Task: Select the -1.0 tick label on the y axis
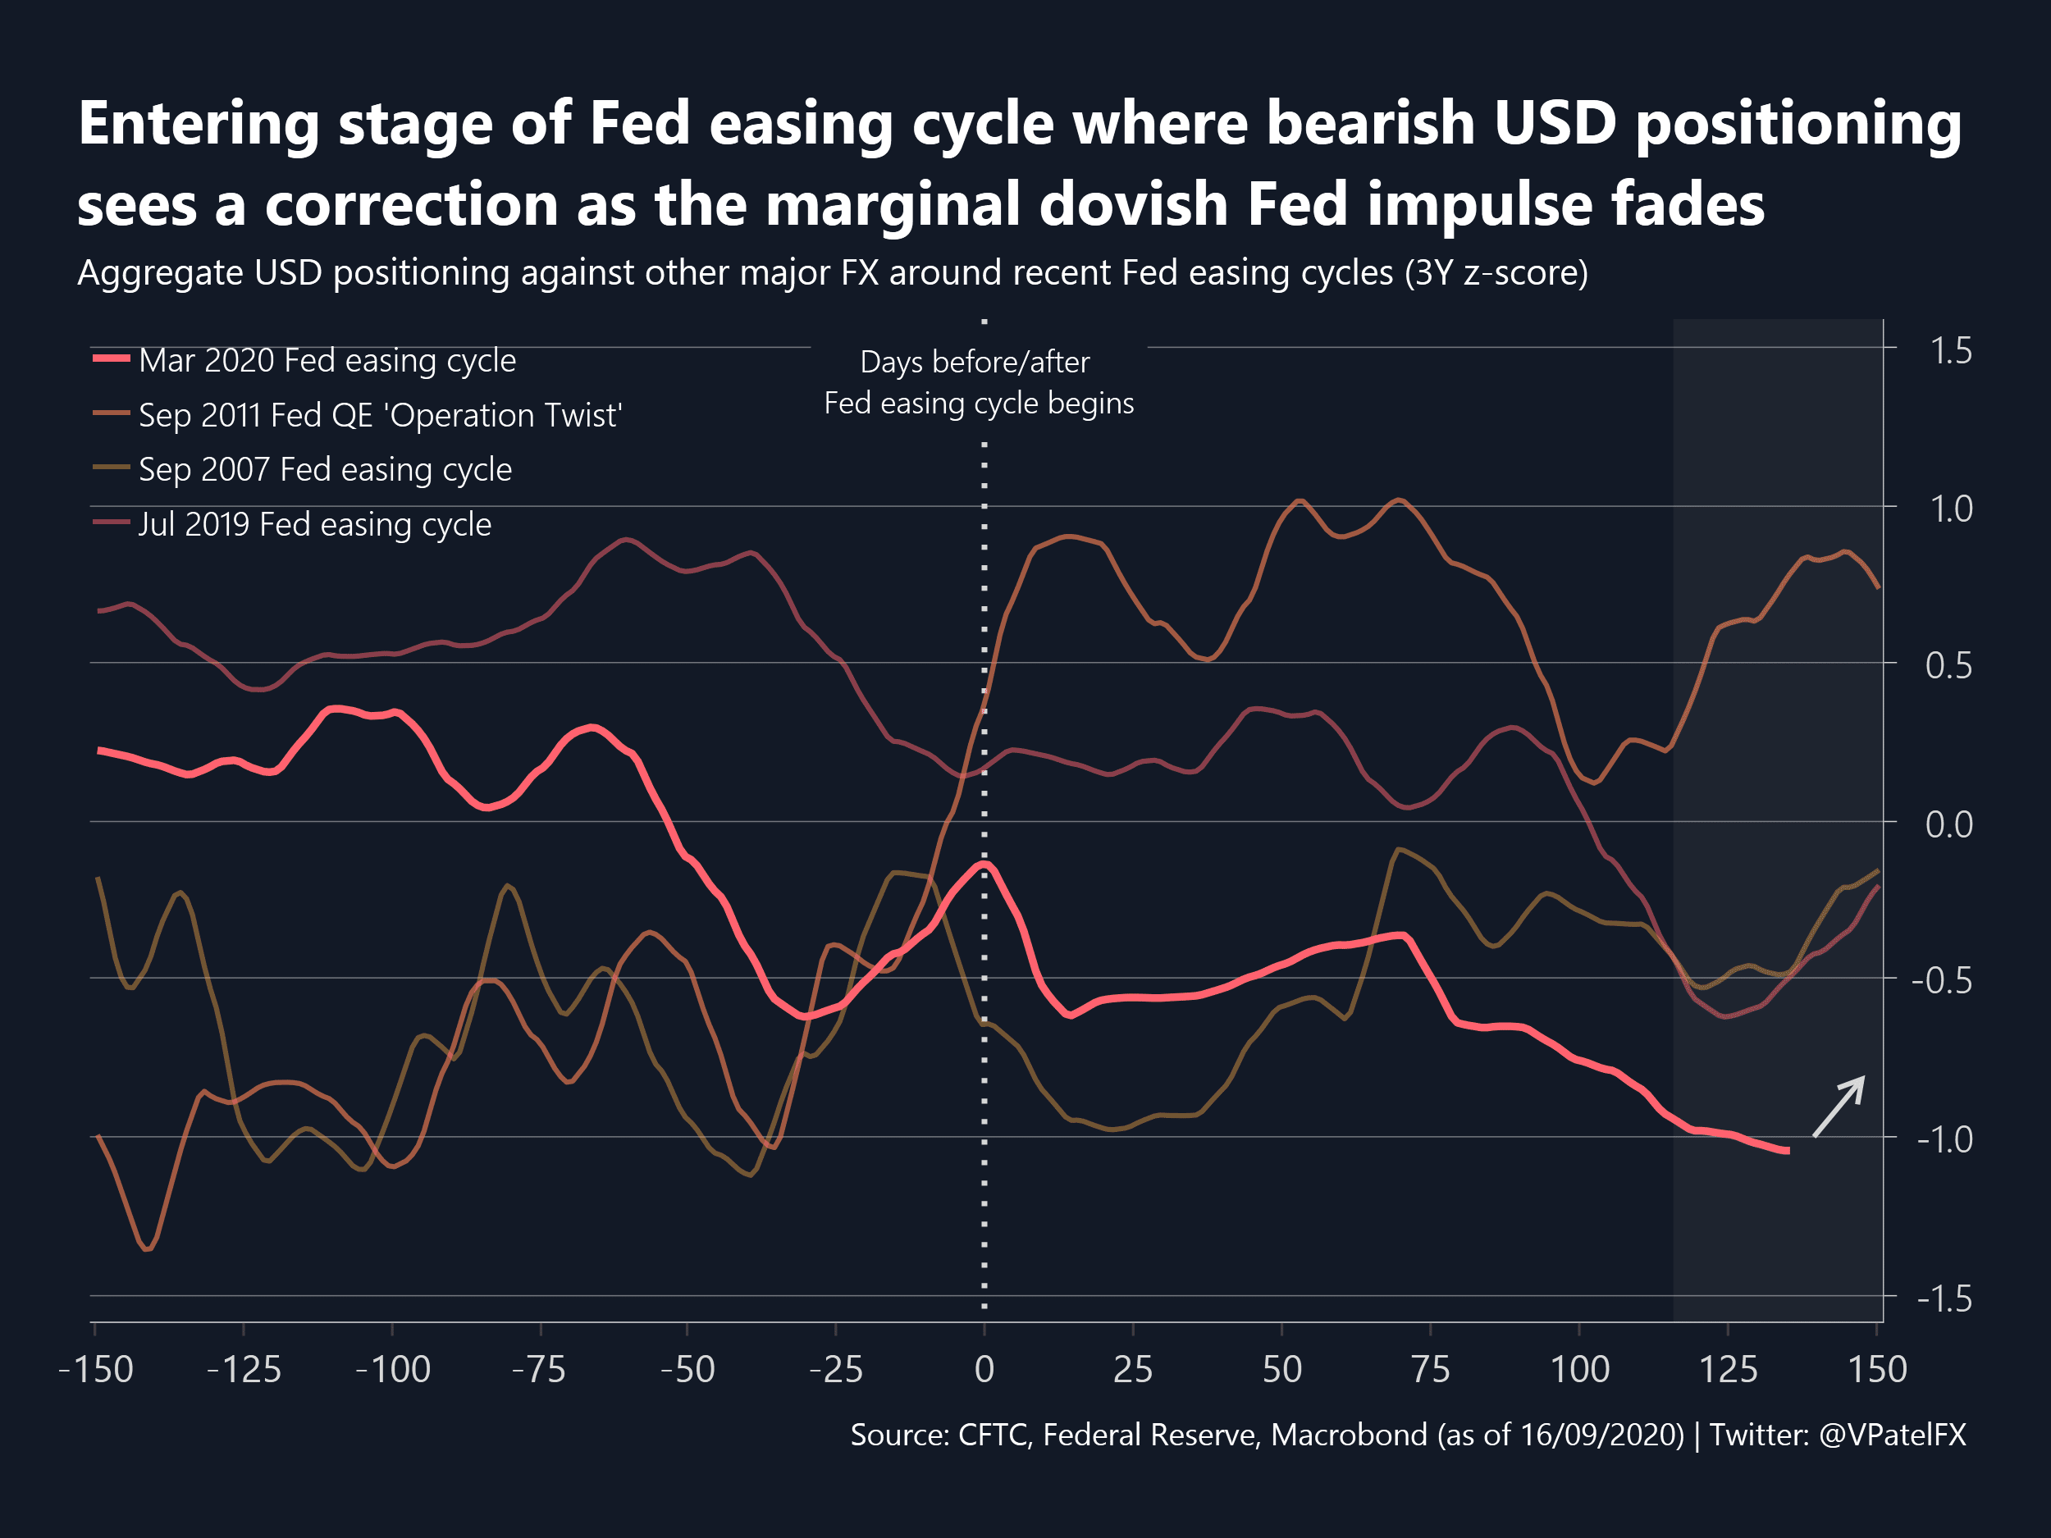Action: coord(1944,1139)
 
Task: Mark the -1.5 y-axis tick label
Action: coord(1944,1298)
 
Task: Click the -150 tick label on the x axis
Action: coord(95,1369)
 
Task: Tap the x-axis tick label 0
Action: coord(984,1369)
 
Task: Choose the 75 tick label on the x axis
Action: coord(1431,1369)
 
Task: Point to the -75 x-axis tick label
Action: coord(539,1369)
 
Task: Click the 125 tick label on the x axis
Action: coord(1729,1369)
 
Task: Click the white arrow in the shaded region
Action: coord(1839,1106)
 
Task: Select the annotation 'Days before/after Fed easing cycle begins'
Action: coord(978,382)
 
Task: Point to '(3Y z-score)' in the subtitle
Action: coord(1496,272)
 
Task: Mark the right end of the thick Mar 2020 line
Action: coord(1787,1152)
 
